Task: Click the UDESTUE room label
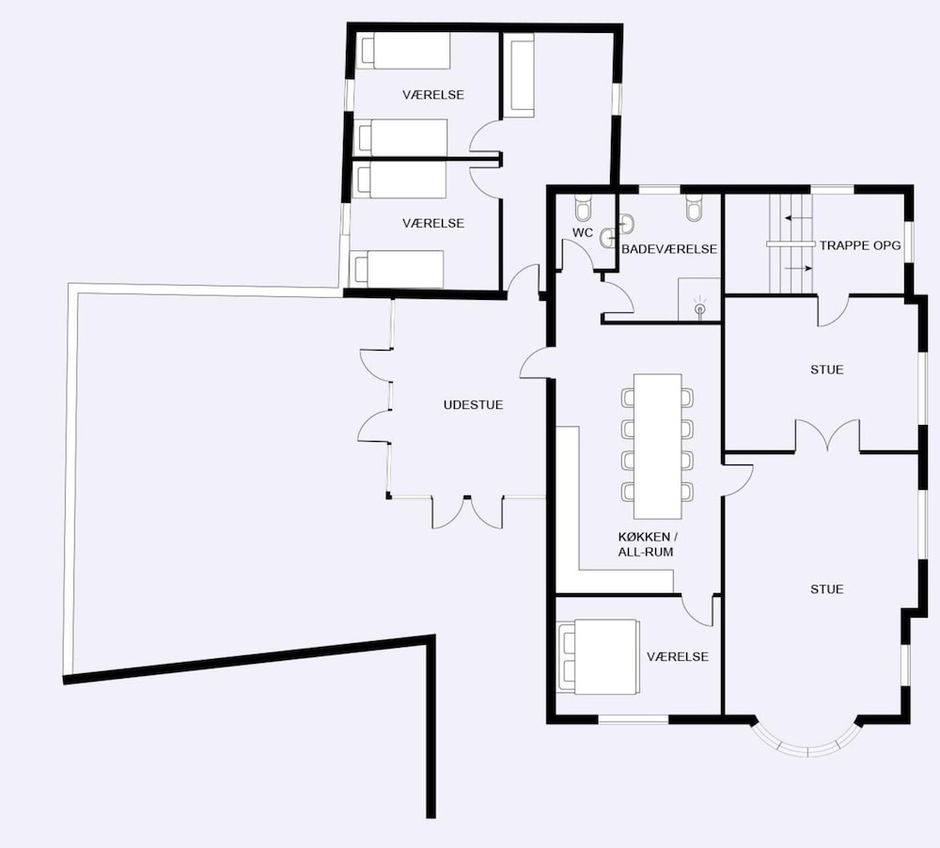(473, 405)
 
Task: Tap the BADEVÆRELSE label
(669, 249)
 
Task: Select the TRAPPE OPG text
(860, 245)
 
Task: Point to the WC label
(583, 233)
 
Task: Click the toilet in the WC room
(582, 207)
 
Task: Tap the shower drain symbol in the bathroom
(699, 308)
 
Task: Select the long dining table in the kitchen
(658, 446)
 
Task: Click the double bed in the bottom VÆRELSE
(598, 657)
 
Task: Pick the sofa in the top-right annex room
(518, 75)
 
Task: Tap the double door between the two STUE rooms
(828, 434)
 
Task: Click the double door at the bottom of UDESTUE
(467, 512)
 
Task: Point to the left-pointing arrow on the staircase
(796, 218)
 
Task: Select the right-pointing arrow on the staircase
(798, 269)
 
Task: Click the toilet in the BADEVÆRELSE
(694, 207)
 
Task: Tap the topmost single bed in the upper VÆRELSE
(403, 51)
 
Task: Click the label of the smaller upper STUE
(826, 369)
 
